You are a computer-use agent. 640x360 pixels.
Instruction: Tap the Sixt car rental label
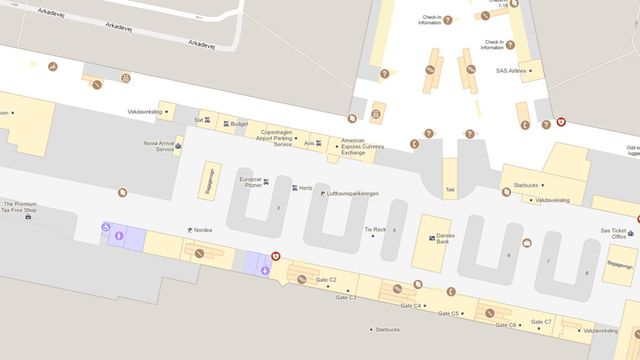199,119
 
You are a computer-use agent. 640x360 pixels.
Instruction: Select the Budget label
238,124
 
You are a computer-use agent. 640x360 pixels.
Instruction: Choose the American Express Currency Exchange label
364,146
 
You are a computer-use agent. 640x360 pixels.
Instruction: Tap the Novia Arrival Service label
159,146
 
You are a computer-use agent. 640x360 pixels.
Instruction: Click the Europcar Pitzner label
251,183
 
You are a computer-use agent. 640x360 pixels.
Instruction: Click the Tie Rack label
375,229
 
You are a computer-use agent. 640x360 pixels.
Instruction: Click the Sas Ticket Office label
613,233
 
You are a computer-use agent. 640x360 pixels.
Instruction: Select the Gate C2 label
326,280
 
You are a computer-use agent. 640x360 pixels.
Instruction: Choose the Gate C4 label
410,305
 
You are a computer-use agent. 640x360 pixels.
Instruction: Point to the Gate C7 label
541,322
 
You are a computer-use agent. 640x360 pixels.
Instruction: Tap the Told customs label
450,188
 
